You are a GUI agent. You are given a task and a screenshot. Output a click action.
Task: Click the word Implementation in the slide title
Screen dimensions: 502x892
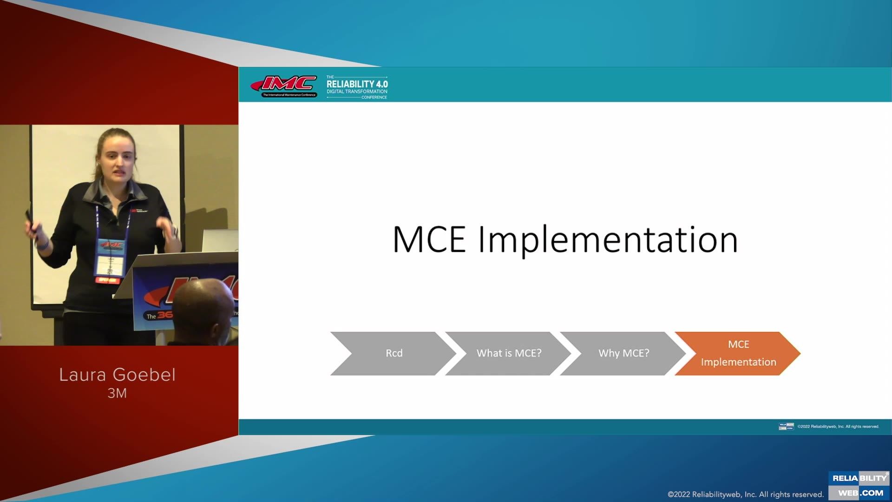[608, 240]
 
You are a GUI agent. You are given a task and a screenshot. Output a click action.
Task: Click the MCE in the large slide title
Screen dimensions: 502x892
[429, 240]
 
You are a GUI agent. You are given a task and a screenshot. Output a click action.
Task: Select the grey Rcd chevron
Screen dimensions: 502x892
[394, 353]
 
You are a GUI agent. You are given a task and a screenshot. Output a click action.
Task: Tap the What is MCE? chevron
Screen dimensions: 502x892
[509, 353]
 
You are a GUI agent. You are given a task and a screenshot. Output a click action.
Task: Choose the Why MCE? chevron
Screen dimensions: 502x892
[623, 353]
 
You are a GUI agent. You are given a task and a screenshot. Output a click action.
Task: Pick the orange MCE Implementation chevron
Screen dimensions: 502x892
[738, 353]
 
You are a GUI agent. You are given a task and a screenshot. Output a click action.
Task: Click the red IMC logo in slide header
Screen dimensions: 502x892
[284, 85]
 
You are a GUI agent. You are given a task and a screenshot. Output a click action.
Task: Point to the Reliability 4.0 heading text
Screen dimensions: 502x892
[357, 84]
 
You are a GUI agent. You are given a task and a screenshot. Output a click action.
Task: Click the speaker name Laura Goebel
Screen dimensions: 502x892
[118, 375]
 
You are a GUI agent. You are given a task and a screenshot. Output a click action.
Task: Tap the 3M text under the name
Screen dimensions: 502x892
[117, 393]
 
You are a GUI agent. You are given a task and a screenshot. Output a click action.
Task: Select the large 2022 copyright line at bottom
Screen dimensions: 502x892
[745, 494]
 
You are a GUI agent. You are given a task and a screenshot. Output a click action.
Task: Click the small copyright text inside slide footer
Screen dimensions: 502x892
[838, 426]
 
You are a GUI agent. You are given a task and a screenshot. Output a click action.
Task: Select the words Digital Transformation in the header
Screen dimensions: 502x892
[357, 92]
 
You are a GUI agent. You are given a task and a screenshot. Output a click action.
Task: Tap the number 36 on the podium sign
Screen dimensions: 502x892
[165, 315]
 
